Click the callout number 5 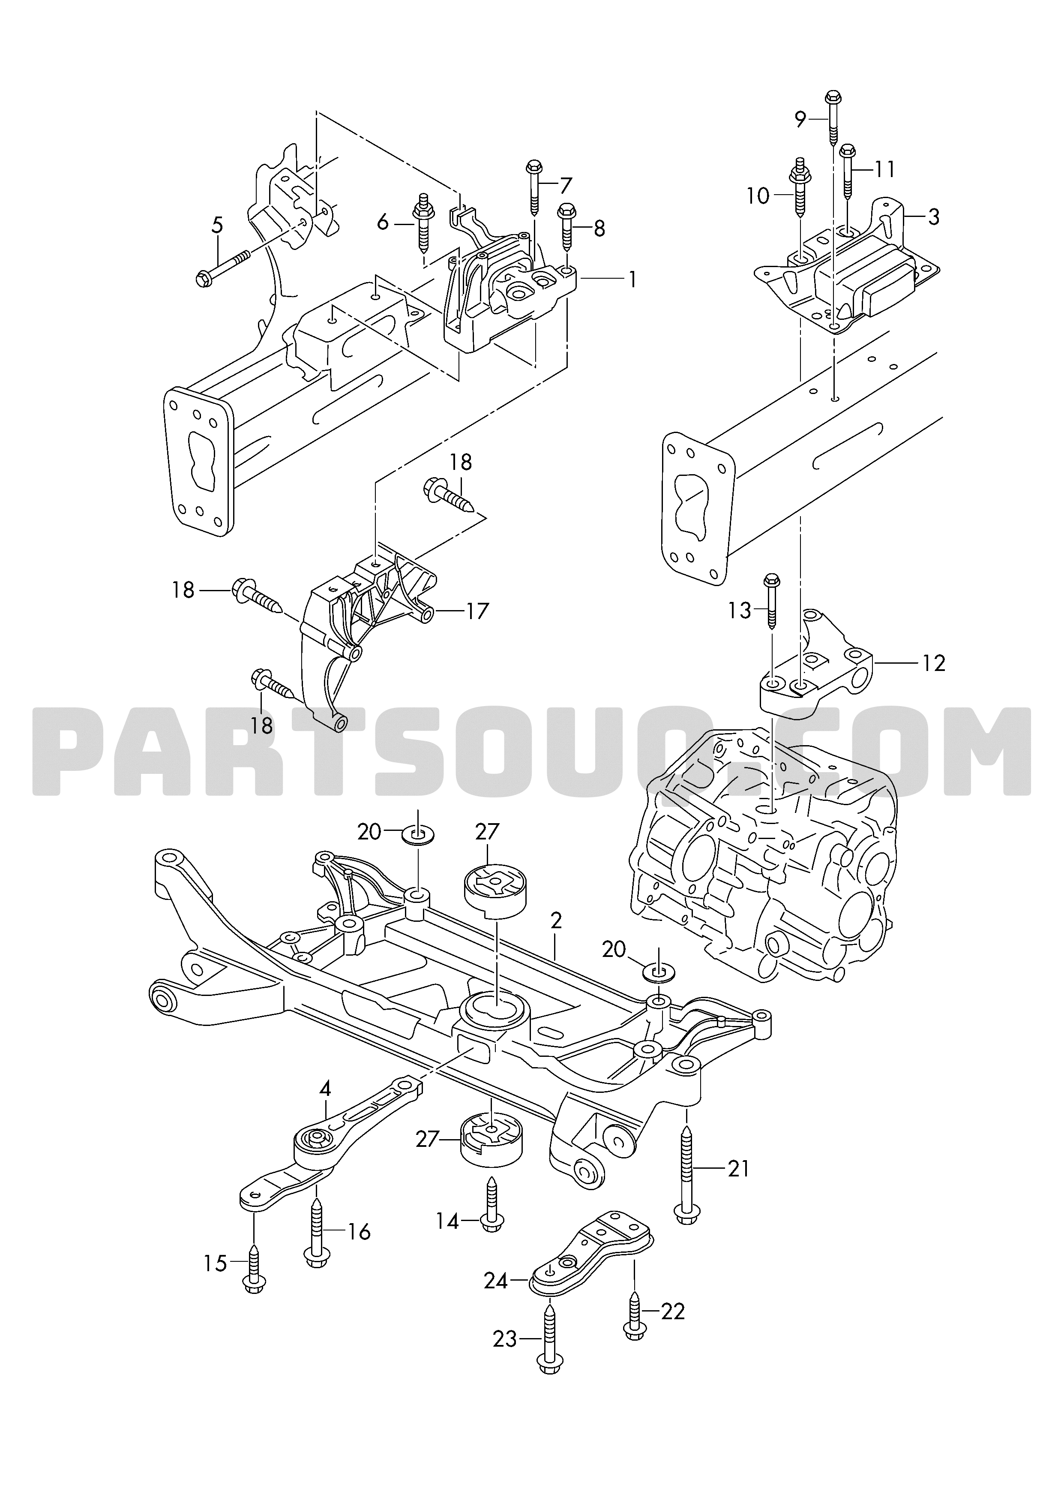click(217, 226)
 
